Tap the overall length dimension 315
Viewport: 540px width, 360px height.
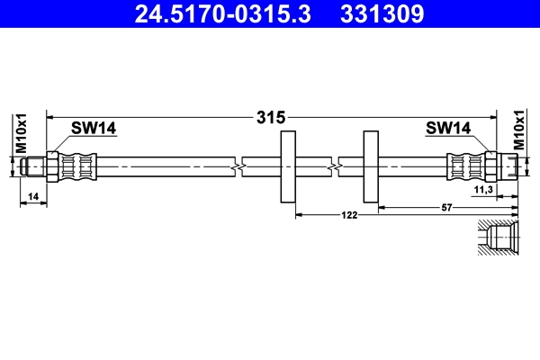pyautogui.click(x=271, y=117)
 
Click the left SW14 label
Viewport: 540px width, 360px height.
pyautogui.click(x=94, y=129)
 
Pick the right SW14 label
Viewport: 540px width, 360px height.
pyautogui.click(x=448, y=129)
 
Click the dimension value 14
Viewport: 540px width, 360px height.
pyautogui.click(x=33, y=195)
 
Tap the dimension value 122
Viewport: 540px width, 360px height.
pyautogui.click(x=349, y=215)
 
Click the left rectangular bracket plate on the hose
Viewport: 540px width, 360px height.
pyautogui.click(x=289, y=167)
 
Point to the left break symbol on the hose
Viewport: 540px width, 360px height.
pyautogui.click(x=237, y=167)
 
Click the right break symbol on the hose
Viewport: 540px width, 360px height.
pyautogui.click(x=334, y=167)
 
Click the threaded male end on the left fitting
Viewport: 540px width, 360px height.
pyautogui.click(x=34, y=167)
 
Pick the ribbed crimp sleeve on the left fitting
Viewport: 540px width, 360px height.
pyautogui.click(x=78, y=167)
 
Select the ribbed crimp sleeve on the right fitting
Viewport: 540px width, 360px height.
pyautogui.click(x=463, y=167)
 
